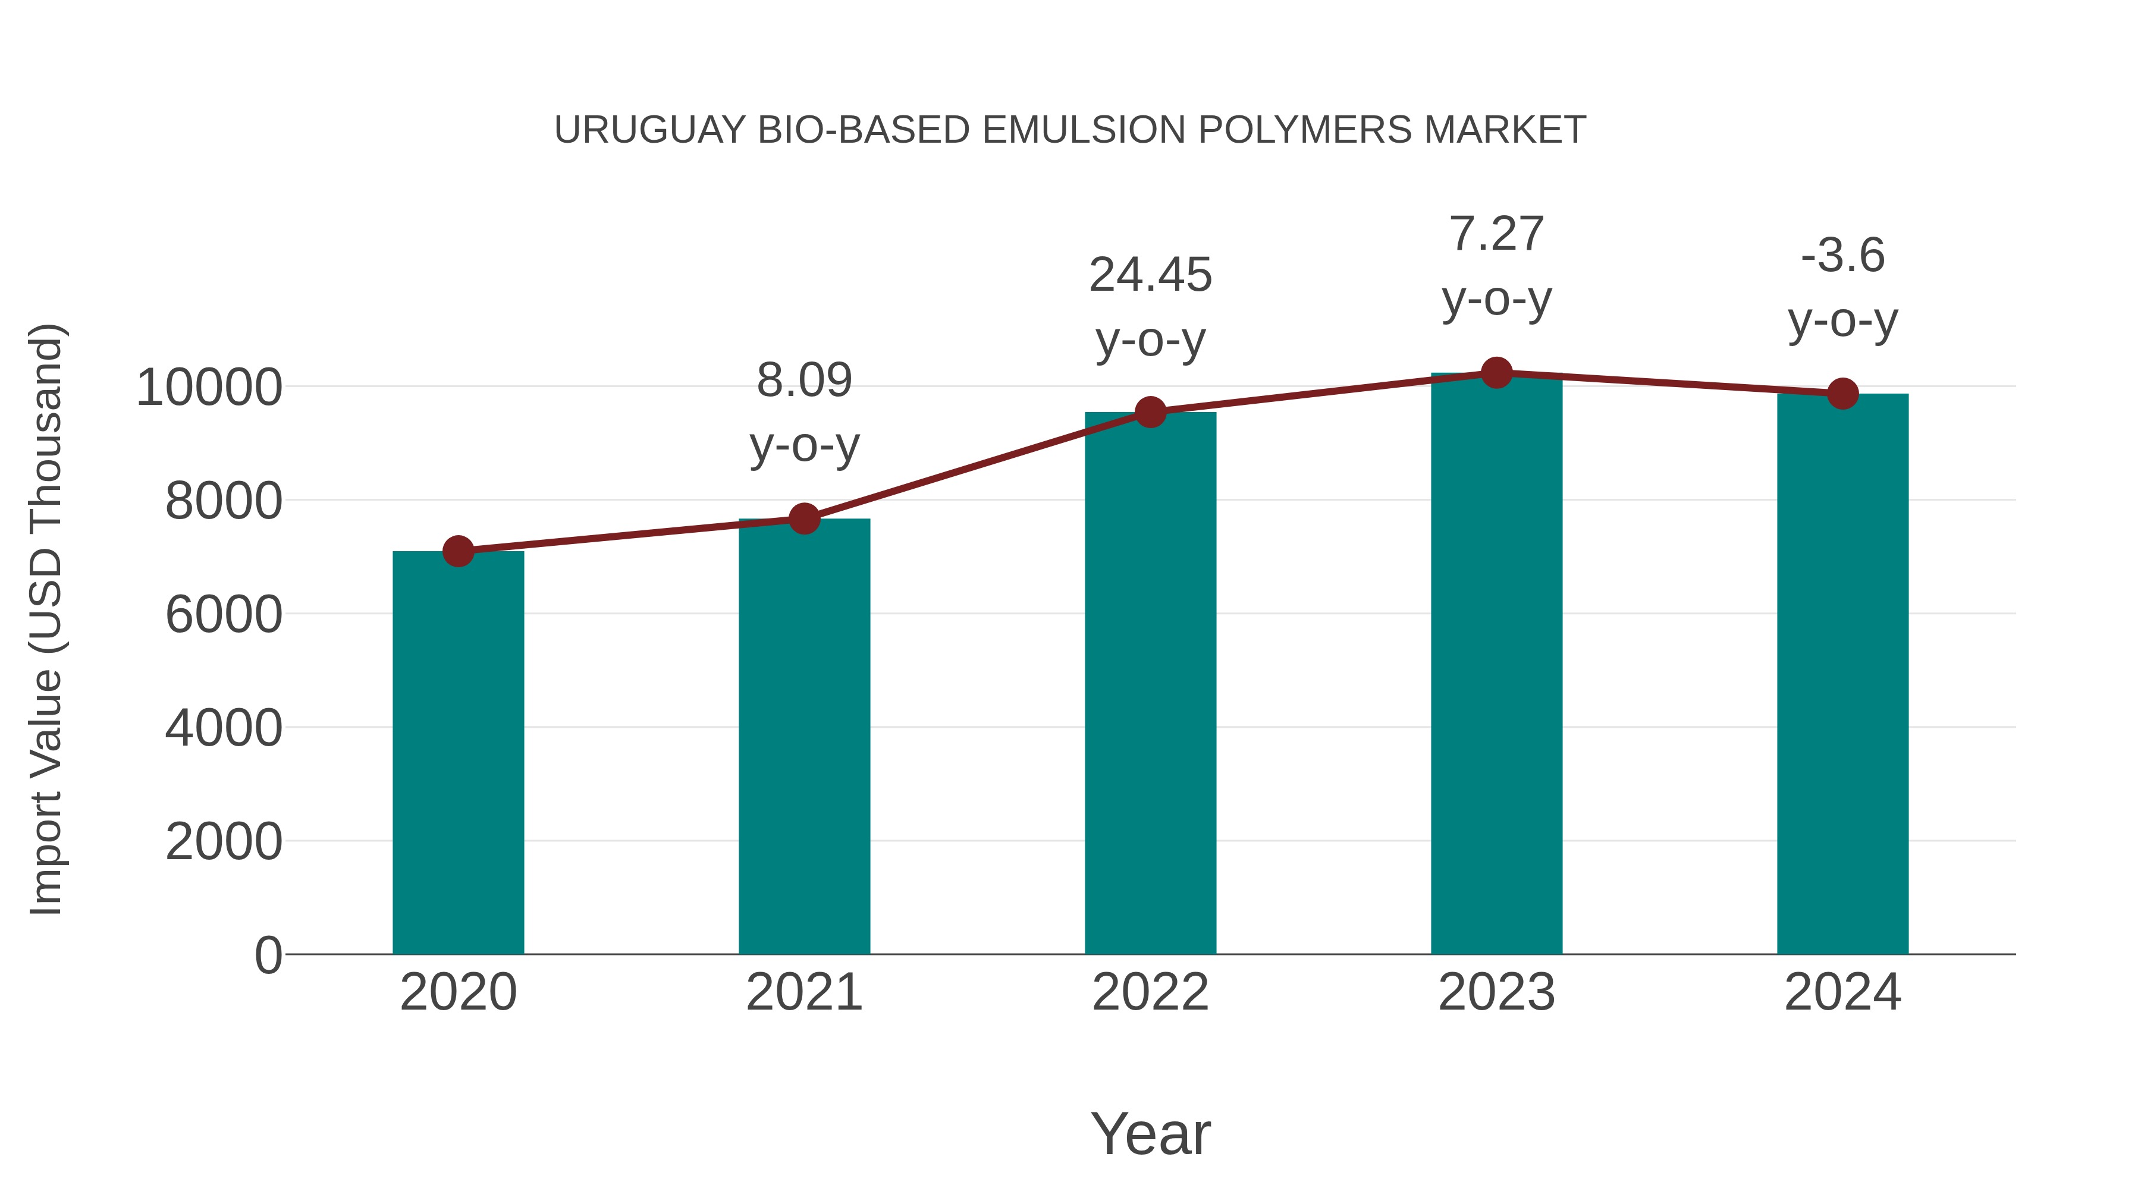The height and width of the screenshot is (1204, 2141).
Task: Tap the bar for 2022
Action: coord(1150,683)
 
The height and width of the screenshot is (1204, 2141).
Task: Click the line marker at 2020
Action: coord(458,551)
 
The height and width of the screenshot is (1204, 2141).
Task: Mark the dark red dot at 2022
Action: coord(1150,411)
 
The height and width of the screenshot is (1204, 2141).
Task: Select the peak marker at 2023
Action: coord(1496,373)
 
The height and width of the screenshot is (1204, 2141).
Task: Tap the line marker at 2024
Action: coord(1842,394)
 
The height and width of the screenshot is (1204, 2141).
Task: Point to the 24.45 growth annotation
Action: coord(1150,307)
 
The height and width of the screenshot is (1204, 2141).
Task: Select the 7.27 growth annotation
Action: coord(1496,266)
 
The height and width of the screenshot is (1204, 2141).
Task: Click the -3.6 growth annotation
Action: coord(1842,288)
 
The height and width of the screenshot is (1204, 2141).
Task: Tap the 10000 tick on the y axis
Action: coord(209,387)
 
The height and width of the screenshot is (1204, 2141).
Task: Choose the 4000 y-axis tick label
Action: coord(224,728)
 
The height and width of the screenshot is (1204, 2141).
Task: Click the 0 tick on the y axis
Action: coord(268,955)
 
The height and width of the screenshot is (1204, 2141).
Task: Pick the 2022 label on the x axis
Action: coord(1150,992)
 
